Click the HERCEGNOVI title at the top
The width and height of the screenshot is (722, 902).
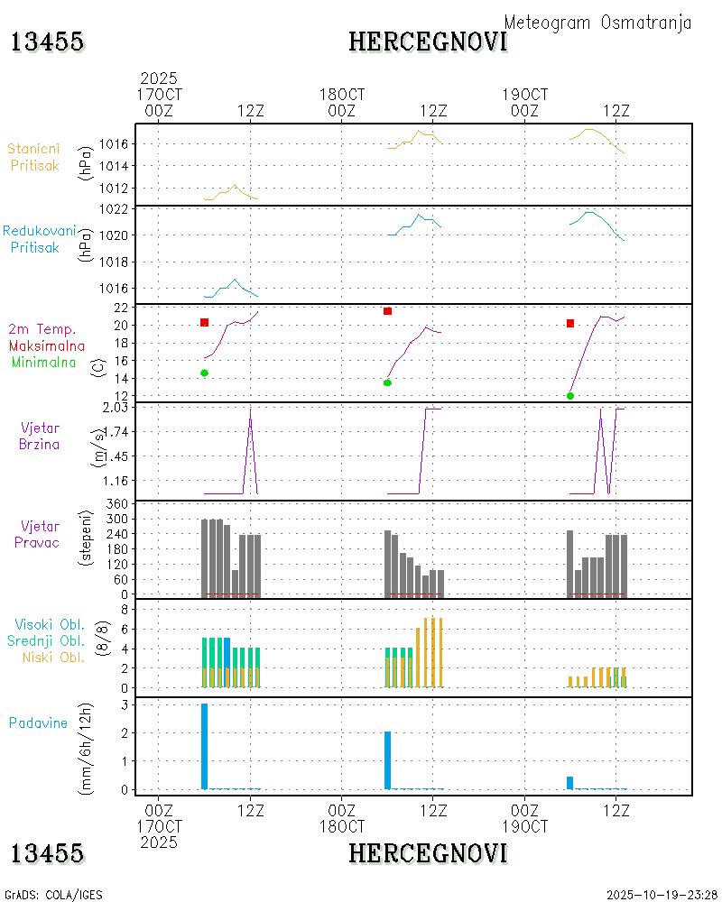(428, 41)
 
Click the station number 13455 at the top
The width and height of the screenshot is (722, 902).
(48, 41)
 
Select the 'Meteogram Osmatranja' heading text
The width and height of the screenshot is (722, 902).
(597, 23)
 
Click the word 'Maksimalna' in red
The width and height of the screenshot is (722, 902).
(48, 345)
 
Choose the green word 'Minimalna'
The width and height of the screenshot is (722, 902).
(45, 362)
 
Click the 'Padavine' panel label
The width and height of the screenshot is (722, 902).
(38, 723)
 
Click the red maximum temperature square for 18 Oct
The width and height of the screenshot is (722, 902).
(387, 311)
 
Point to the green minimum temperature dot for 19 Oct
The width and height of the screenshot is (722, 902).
(570, 396)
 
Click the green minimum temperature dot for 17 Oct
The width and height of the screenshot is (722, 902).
(204, 373)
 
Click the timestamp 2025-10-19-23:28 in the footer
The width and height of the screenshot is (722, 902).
(662, 895)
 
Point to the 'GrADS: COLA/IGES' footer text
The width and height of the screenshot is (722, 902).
(54, 895)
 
